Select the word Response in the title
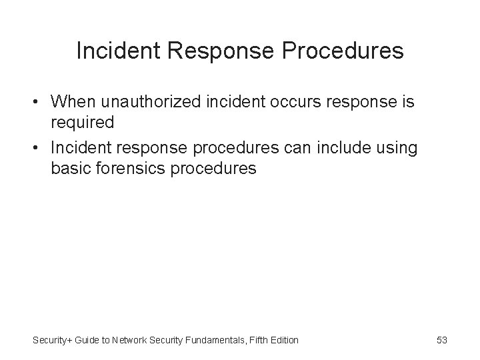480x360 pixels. [x=216, y=51]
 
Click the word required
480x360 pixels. [x=83, y=123]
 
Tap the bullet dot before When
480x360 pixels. [x=39, y=103]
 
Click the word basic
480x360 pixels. [x=71, y=169]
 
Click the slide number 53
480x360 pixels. [x=441, y=340]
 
